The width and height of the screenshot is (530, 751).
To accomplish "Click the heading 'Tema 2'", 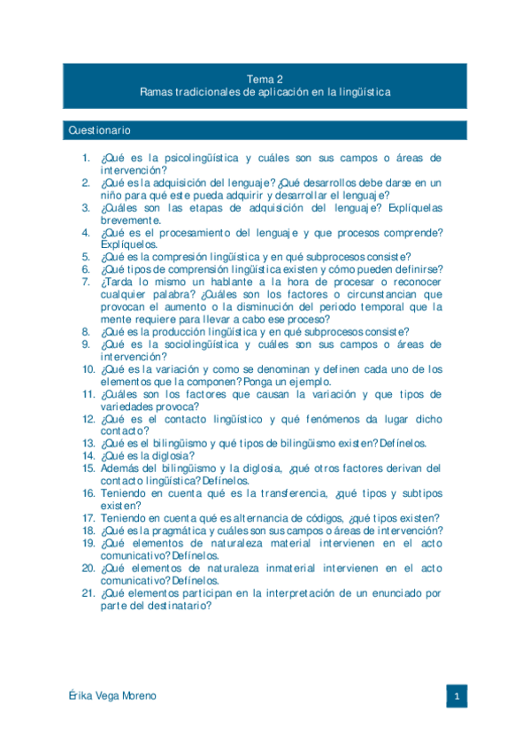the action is (265, 79).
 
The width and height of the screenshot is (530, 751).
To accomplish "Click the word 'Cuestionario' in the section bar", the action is (99, 131).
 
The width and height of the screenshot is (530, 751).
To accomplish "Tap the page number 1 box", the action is (456, 696).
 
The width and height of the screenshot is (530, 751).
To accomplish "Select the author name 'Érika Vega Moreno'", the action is (112, 696).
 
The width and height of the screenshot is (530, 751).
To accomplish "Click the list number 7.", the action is (86, 282).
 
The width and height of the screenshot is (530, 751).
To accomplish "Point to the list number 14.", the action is (88, 455).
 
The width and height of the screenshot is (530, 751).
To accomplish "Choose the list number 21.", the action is (88, 592).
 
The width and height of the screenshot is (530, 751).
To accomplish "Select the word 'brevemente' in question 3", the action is (129, 220).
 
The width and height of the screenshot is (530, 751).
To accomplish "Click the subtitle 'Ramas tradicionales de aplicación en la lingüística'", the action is (265, 92).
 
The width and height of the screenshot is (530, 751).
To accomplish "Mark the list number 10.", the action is (88, 368).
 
